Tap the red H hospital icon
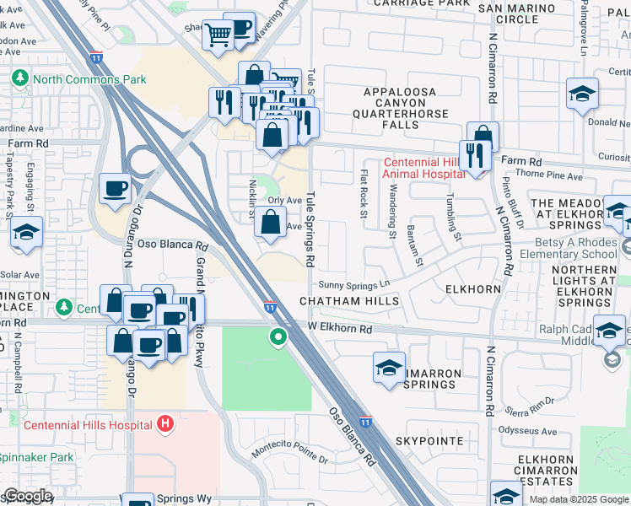[166, 423]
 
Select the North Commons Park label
[89, 80]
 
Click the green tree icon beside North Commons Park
[20, 78]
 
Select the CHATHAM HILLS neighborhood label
[348, 301]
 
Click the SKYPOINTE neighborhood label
[429, 441]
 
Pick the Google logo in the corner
[28, 496]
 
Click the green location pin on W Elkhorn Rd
[278, 338]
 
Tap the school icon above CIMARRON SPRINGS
[389, 369]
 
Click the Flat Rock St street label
[364, 193]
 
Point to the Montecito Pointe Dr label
[289, 451]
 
